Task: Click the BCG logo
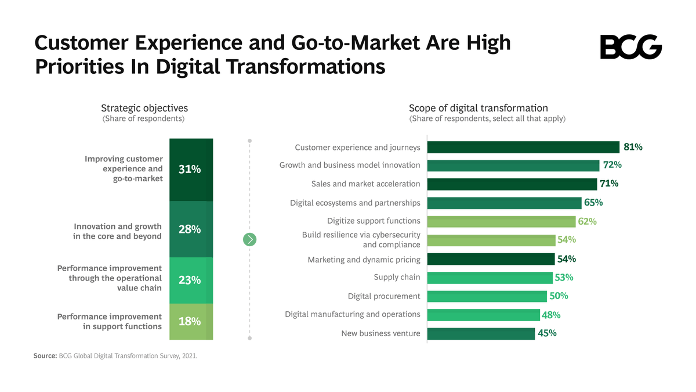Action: click(x=630, y=47)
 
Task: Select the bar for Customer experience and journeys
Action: click(x=523, y=147)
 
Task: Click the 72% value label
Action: click(x=612, y=166)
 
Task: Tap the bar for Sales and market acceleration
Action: click(x=512, y=184)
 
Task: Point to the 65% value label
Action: click(x=593, y=203)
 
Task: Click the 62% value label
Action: click(x=587, y=221)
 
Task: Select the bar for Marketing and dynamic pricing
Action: click(x=491, y=259)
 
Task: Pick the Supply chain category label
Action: click(x=397, y=278)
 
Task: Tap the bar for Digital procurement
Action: click(x=487, y=296)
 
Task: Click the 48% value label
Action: click(x=551, y=315)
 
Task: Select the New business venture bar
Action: click(x=481, y=333)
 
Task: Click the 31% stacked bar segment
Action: click(x=191, y=170)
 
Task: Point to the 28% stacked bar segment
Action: click(x=191, y=229)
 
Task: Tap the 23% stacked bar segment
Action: click(x=191, y=280)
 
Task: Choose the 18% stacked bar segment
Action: click(x=191, y=321)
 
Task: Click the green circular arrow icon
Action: click(x=249, y=239)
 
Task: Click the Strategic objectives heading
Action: click(x=144, y=108)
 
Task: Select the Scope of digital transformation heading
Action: click(x=478, y=108)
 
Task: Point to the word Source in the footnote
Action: click(x=45, y=356)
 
